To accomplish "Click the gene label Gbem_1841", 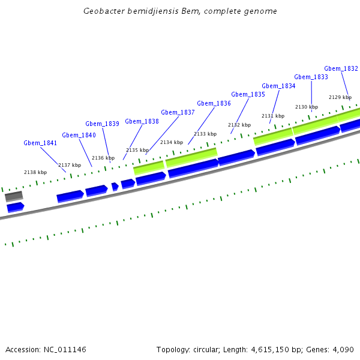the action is [40, 143].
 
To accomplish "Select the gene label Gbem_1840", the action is [79, 135].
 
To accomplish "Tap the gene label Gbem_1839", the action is [102, 124].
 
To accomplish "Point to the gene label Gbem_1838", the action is [142, 121].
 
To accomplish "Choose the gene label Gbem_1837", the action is [178, 112].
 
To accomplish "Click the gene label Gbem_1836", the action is [214, 103].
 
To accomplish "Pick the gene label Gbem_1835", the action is [248, 94].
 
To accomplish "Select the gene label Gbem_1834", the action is [278, 86].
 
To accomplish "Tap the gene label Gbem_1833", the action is [311, 77].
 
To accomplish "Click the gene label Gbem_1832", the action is [341, 68].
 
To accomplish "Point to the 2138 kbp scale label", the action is [35, 172].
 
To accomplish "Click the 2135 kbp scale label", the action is [137, 150].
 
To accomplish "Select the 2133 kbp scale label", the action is [205, 134].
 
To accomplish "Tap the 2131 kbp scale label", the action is [273, 116].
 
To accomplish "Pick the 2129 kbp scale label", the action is [340, 97].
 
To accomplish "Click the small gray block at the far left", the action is [14, 196].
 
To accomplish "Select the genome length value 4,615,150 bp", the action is [272, 349].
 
